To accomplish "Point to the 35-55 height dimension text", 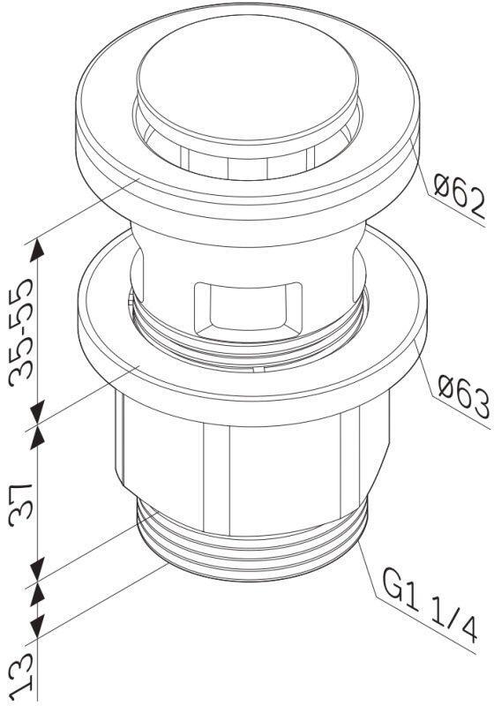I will [x=24, y=331].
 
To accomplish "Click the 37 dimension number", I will [x=24, y=504].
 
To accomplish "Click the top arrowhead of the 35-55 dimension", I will [x=38, y=249].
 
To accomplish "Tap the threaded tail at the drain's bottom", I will [x=251, y=552].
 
